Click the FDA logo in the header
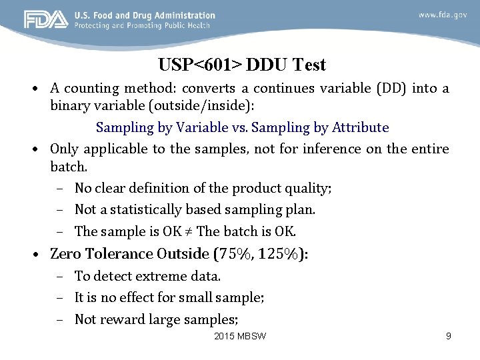(46, 20)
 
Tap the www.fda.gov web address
(442, 15)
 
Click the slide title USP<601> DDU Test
(242, 65)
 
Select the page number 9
(448, 336)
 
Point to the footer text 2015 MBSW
(240, 336)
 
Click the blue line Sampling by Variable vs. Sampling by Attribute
(242, 127)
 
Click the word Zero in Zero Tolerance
(65, 254)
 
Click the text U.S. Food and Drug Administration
(145, 15)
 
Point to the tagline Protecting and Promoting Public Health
(142, 25)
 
